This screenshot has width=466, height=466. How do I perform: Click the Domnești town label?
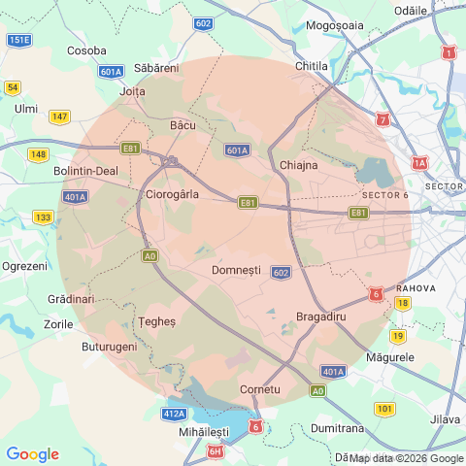(236, 268)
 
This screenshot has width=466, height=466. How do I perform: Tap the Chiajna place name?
(298, 165)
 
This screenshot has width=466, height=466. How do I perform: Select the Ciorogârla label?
(171, 194)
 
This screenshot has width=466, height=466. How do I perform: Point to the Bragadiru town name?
(321, 316)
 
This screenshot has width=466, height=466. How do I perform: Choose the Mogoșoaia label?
(336, 26)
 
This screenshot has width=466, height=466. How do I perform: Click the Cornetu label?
(259, 389)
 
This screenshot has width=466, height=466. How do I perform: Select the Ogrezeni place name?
(24, 265)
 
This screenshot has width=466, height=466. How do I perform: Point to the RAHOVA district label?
(428, 288)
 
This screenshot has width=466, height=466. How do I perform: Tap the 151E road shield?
(18, 40)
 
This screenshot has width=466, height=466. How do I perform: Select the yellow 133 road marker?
(44, 216)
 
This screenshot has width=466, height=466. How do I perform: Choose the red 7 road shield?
(383, 120)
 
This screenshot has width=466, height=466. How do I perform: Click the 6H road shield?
(216, 451)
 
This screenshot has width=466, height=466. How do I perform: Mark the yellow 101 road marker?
(384, 409)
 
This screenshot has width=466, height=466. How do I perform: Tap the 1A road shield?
(419, 163)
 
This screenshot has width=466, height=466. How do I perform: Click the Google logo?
(32, 453)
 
